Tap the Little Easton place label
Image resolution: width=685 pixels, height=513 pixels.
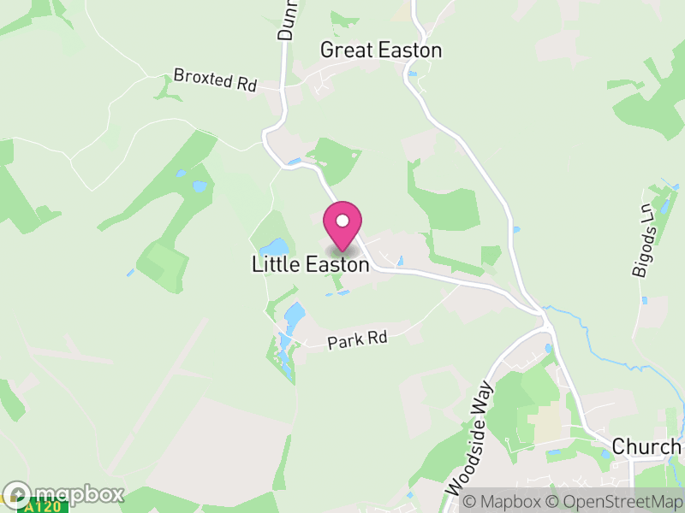tap(310, 265)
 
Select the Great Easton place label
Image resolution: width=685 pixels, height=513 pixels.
tap(381, 50)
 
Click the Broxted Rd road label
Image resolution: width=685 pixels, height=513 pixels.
tap(215, 80)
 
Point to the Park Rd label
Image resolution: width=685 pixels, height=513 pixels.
tap(358, 339)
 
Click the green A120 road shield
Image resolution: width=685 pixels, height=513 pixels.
tap(45, 506)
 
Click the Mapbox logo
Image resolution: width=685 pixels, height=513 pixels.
tap(64, 494)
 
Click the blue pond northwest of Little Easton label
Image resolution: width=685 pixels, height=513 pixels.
tap(279, 248)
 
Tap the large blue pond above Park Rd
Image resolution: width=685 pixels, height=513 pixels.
tap(293, 317)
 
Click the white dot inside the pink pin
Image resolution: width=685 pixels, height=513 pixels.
tap(342, 221)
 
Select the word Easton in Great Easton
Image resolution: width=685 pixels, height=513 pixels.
tap(408, 50)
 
